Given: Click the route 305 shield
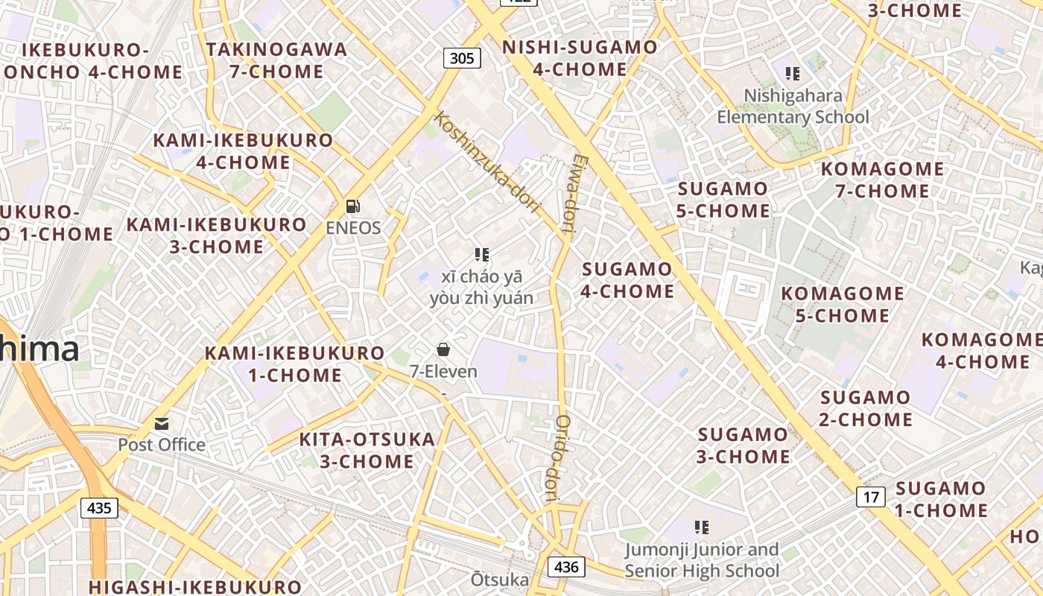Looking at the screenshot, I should point(462,57).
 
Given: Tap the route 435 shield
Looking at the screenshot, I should point(98,508).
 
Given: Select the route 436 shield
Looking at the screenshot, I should point(566,567).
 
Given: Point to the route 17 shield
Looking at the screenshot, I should point(870,496).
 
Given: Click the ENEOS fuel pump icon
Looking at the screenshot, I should point(353,206).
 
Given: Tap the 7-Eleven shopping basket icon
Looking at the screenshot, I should point(443,349).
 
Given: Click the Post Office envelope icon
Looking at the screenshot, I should point(162,424).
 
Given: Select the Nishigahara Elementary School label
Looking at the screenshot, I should point(793,107).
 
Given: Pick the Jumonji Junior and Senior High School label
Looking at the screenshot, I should point(702,560).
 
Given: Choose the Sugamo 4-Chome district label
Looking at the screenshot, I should point(627,280).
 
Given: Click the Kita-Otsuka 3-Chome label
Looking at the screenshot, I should point(367,450).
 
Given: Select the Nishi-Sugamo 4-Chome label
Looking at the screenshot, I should point(580,58).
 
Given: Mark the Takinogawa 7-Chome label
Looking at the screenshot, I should point(276,60).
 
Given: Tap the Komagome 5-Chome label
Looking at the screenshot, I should point(842,304).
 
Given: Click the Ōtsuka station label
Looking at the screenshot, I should point(499,580).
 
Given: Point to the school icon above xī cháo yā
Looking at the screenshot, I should point(481,255).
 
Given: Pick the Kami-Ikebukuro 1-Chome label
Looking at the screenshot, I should point(295,364).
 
